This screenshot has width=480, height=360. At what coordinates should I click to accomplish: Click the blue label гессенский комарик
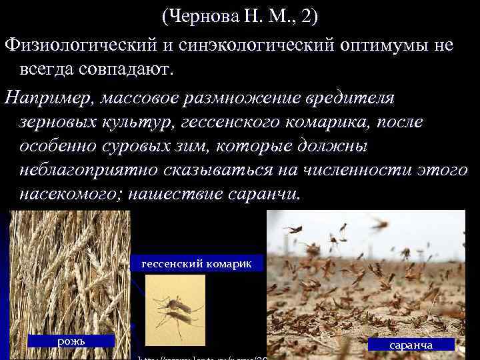point(196,263)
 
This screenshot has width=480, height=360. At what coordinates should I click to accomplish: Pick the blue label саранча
point(411,345)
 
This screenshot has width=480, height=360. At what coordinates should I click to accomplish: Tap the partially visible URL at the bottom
point(200,357)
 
